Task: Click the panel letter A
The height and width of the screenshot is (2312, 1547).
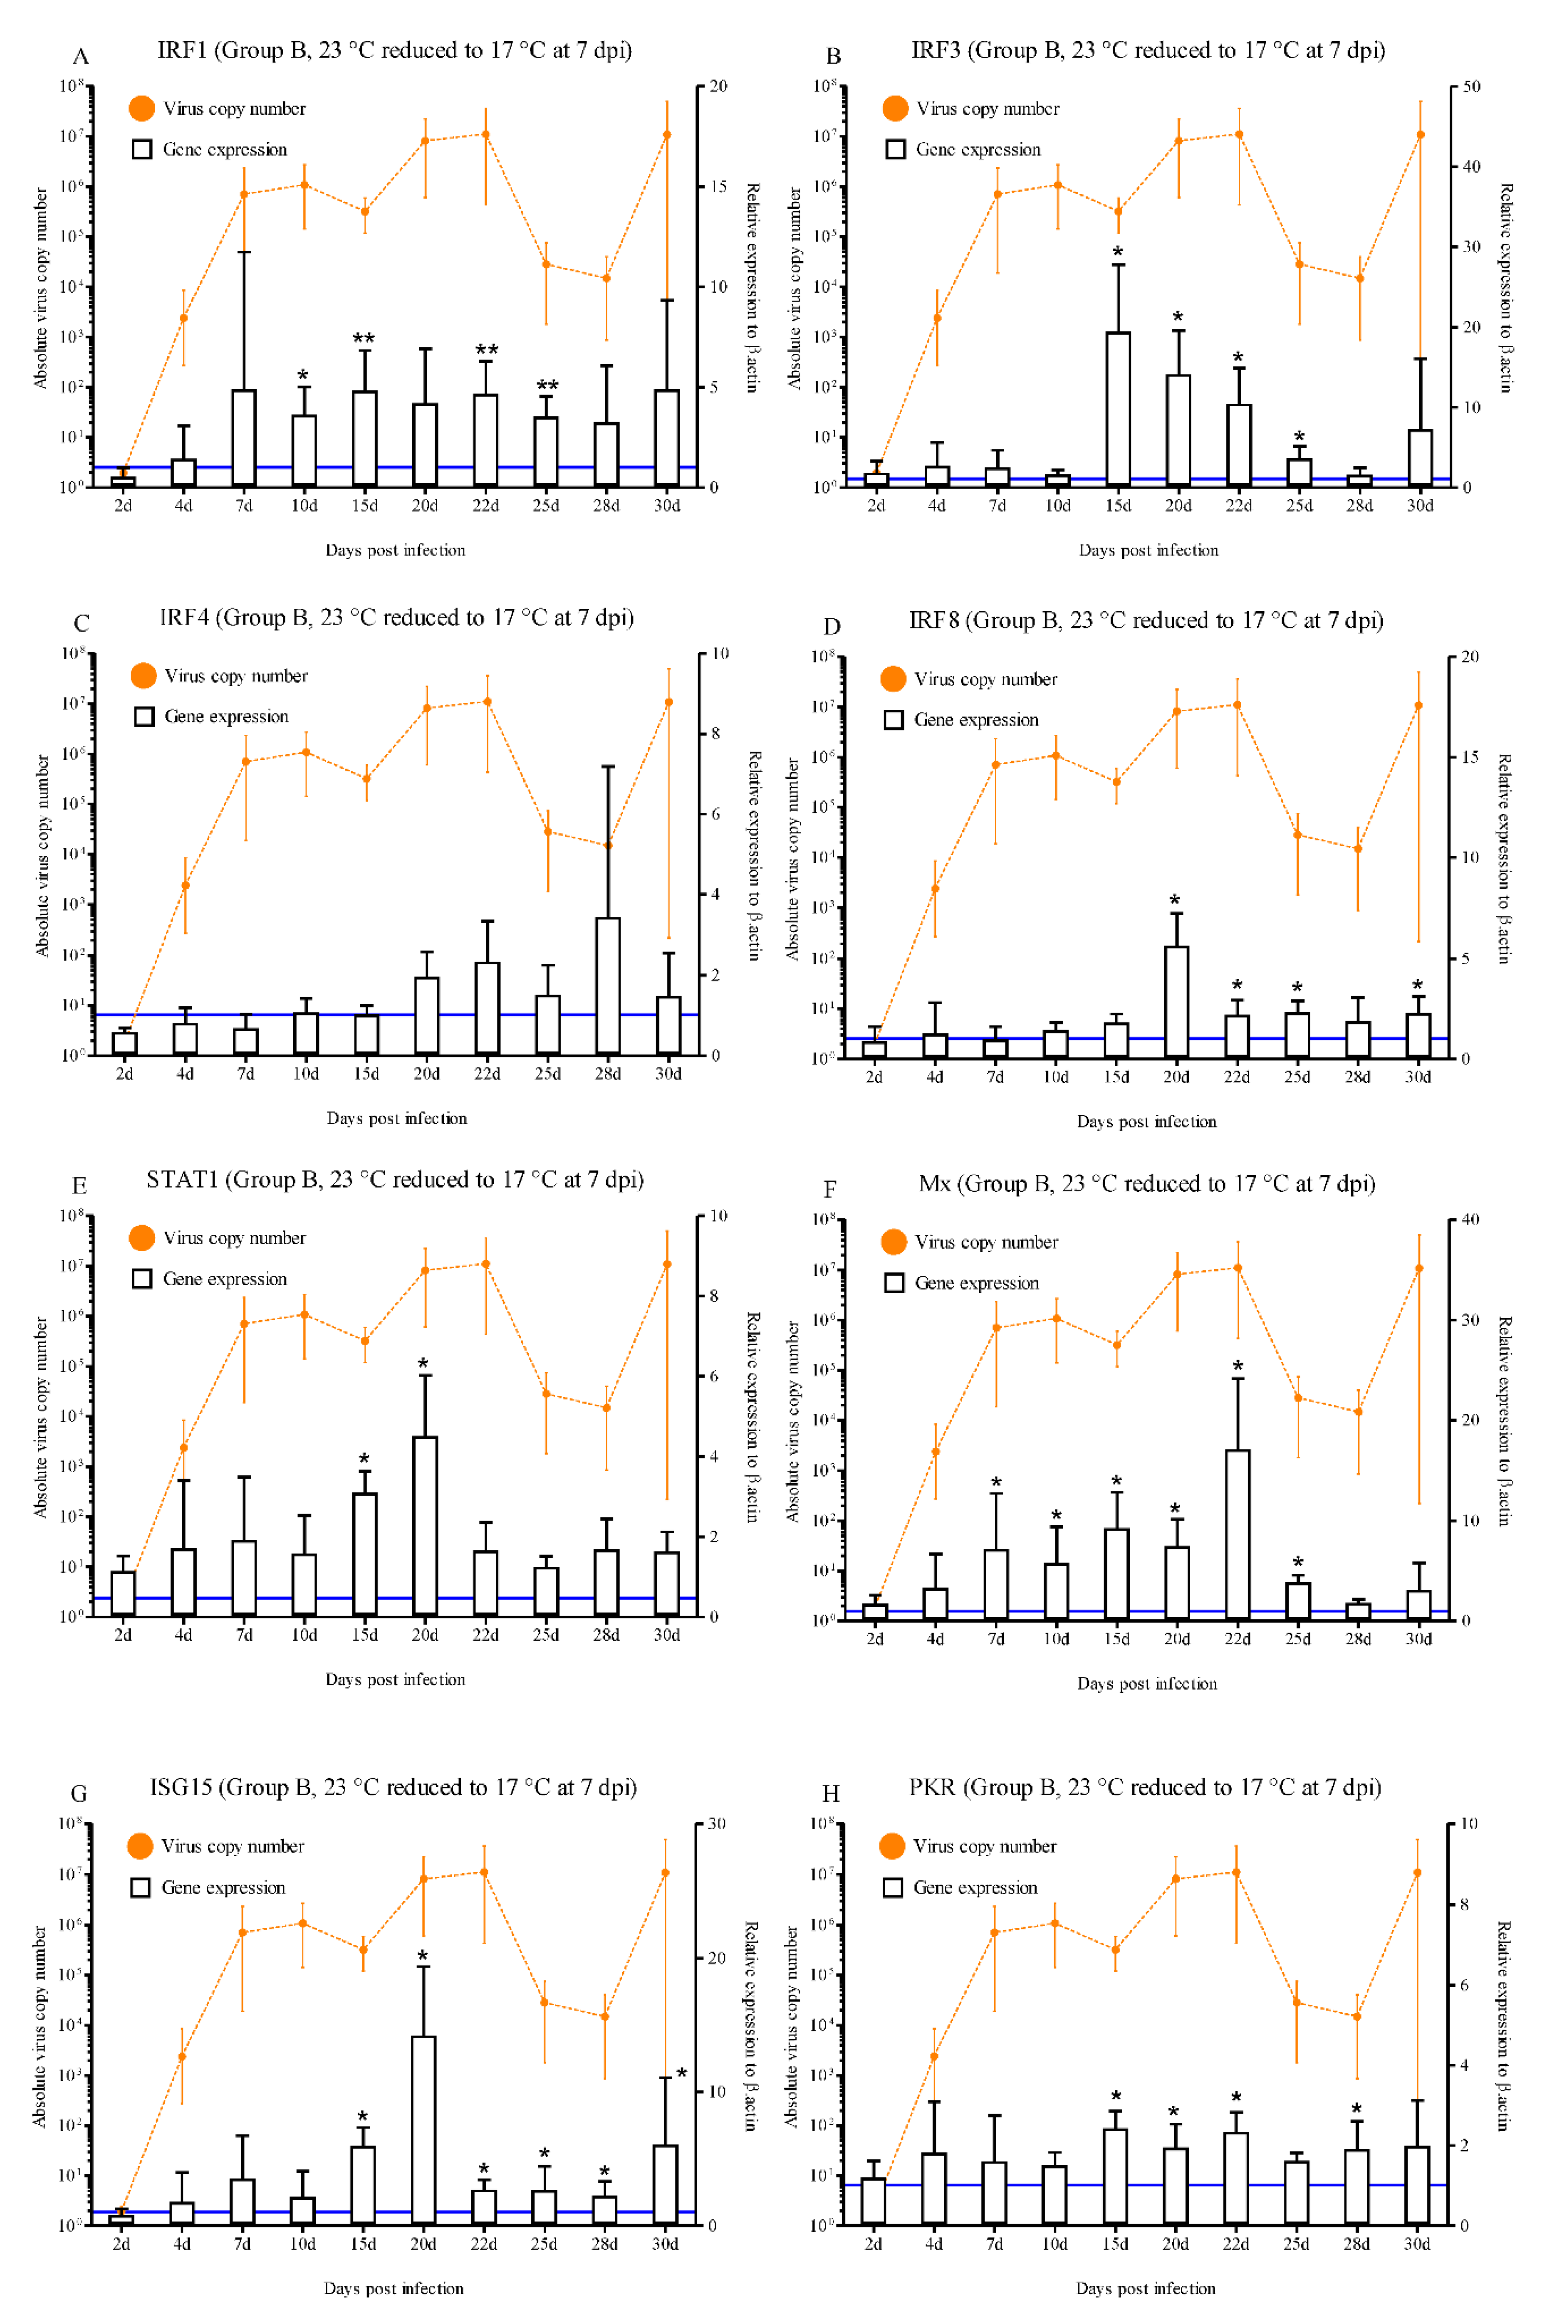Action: pyautogui.click(x=81, y=56)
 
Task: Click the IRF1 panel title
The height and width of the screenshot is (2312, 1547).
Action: pyautogui.click(x=395, y=50)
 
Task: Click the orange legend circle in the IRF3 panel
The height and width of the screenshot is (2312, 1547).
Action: pyautogui.click(x=895, y=109)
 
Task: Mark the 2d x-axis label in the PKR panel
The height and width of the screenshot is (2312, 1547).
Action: pyautogui.click(x=873, y=2243)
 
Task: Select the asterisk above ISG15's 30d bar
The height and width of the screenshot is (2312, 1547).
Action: pyautogui.click(x=681, y=2073)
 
